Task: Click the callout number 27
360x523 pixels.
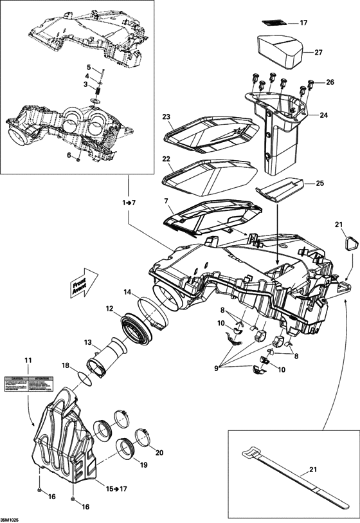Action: click(x=318, y=53)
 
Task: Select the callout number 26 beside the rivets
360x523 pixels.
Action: click(x=330, y=82)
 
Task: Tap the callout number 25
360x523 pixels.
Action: click(x=319, y=183)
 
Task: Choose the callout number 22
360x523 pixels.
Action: click(x=165, y=159)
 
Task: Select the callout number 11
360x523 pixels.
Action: click(x=28, y=358)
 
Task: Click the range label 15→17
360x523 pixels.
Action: click(x=116, y=489)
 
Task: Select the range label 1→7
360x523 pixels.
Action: click(x=129, y=202)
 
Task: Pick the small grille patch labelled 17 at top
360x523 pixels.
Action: click(x=275, y=22)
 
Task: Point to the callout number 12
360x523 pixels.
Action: click(x=109, y=309)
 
